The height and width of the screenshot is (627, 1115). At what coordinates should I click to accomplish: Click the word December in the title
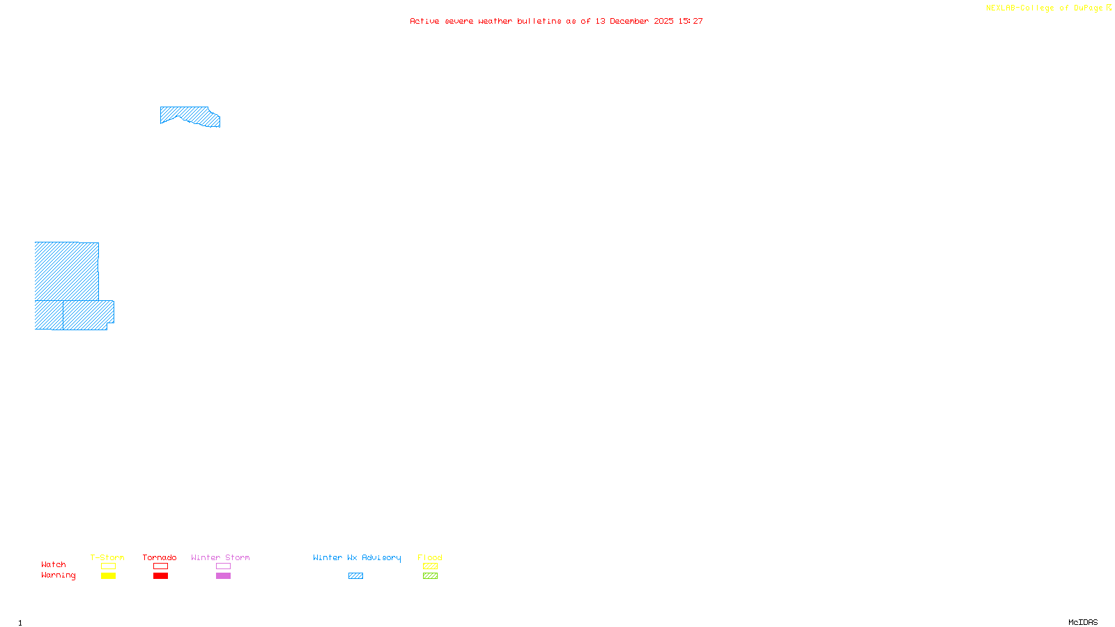coord(629,21)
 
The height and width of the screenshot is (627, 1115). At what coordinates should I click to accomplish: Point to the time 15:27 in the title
coord(691,21)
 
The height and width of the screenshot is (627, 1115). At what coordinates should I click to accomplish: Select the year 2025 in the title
coord(663,21)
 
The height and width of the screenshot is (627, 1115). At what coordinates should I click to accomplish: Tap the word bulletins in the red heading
coord(539,21)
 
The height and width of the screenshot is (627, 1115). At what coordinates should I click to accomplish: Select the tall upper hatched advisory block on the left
coord(66,271)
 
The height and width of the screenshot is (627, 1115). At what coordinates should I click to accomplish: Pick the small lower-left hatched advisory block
coord(49,315)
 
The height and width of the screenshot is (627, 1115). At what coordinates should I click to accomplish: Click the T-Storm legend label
coord(107,557)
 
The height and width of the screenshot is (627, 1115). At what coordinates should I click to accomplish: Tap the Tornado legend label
coord(160,557)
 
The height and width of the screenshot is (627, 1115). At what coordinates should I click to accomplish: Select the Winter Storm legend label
coord(220,557)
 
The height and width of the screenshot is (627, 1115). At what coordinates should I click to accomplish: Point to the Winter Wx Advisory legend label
coord(357,557)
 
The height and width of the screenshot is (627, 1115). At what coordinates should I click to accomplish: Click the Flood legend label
coord(430,557)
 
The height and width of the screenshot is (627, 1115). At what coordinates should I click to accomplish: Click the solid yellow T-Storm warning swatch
coord(108,576)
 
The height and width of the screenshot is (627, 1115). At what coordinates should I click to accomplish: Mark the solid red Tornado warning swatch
coord(160,576)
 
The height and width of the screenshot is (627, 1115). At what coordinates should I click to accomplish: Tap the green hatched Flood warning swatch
coord(430,576)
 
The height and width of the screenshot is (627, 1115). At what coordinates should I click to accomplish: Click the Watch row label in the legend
coord(54,565)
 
